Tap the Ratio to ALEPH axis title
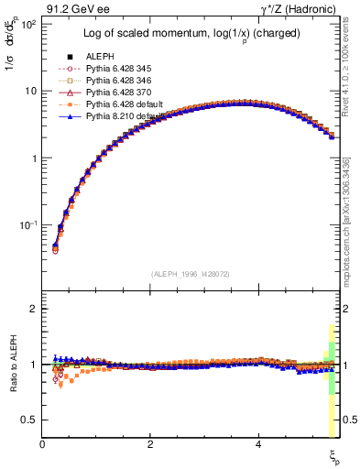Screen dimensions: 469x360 pyautogui.click(x=13, y=364)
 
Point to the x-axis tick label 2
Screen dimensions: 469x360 pyautogui.click(x=150, y=445)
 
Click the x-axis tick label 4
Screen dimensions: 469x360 pyautogui.click(x=258, y=445)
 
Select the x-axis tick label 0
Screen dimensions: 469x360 pyautogui.click(x=43, y=445)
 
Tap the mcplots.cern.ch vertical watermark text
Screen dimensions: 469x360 pyautogui.click(x=352, y=220)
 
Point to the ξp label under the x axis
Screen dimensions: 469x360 pyautogui.click(x=334, y=455)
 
